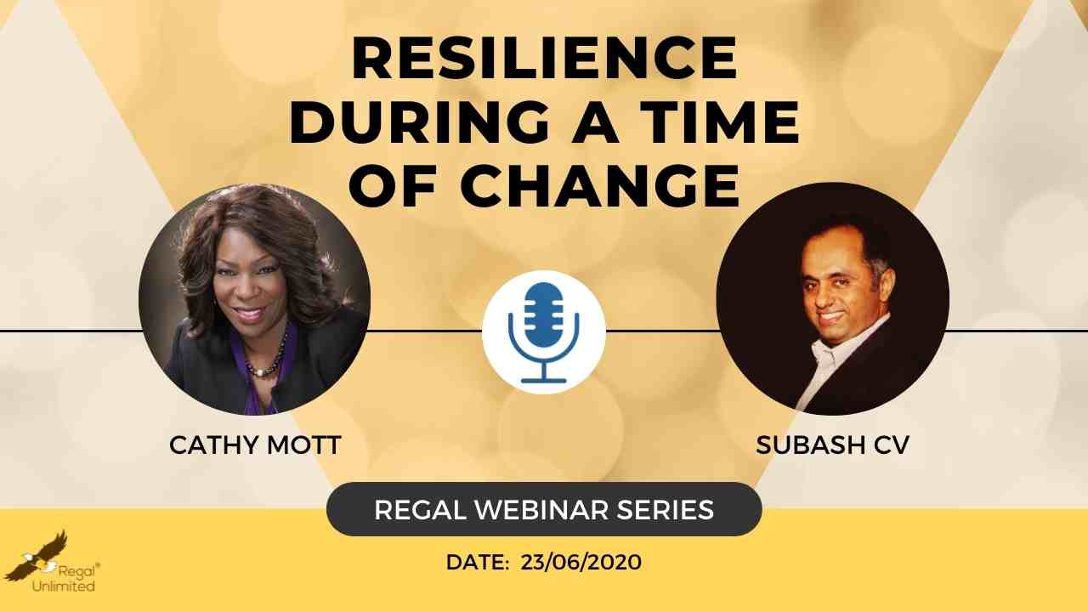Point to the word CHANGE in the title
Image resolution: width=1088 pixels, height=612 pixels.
pyautogui.click(x=600, y=186)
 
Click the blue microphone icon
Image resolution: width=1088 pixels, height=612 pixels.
pyautogui.click(x=544, y=332)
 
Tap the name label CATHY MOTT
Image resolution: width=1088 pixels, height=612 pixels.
pyautogui.click(x=255, y=445)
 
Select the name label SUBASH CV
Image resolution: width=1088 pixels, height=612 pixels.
pyautogui.click(x=832, y=445)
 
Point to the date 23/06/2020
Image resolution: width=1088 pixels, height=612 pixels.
pyautogui.click(x=581, y=563)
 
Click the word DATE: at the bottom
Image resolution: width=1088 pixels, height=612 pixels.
pyautogui.click(x=478, y=563)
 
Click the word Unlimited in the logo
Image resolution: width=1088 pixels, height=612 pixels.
pyautogui.click(x=63, y=586)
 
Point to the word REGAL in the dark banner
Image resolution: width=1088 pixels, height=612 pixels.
pyautogui.click(x=420, y=509)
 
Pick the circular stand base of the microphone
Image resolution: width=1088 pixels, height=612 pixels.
pyautogui.click(x=544, y=380)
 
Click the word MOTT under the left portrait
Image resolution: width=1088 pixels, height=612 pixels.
pyautogui.click(x=304, y=445)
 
